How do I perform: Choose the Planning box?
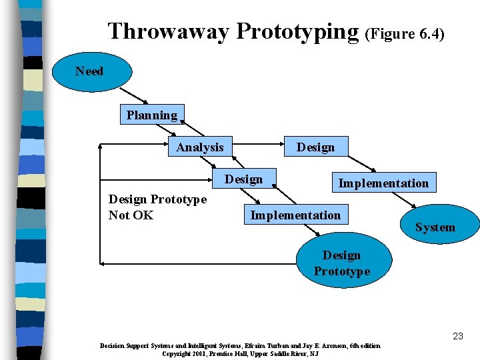point(152,115)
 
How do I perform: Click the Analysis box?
point(200,147)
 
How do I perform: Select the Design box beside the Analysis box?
point(315,147)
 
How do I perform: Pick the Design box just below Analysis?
point(243,179)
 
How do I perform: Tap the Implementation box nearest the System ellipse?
point(383,183)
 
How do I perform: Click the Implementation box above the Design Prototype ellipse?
point(295,215)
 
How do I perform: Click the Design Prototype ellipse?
point(341,263)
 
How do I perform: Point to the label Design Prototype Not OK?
point(157,207)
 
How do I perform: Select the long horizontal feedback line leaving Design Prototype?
point(200,264)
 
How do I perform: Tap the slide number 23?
point(457,336)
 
